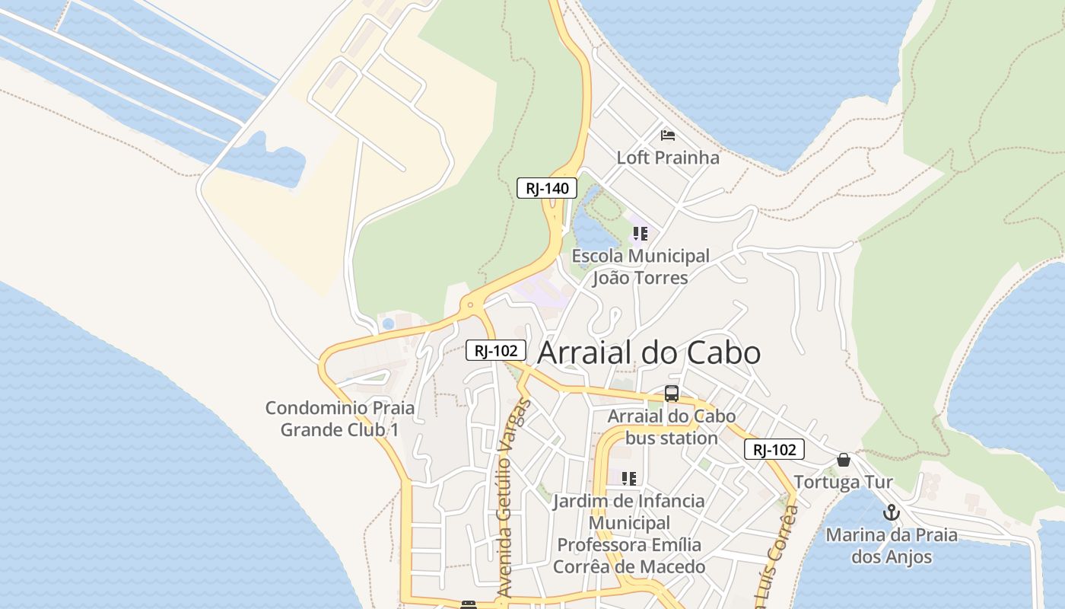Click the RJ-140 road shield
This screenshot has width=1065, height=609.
coord(547,188)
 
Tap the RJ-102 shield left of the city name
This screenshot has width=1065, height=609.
coord(496,350)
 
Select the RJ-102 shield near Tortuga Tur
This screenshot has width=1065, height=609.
coord(774,450)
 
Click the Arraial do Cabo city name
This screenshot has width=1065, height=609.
coord(649,353)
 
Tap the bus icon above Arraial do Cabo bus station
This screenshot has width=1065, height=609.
coord(671,394)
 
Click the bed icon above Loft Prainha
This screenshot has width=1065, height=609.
coord(668,136)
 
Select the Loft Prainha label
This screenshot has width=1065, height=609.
coord(668,158)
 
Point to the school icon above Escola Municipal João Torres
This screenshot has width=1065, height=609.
coord(640,234)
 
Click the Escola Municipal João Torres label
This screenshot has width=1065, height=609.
coord(640,266)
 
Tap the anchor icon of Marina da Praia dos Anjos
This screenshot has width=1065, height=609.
coord(891,512)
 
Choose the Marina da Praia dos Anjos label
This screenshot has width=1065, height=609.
coord(891,546)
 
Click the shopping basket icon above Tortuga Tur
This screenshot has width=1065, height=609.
coord(843,460)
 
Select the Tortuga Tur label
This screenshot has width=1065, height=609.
coord(843,482)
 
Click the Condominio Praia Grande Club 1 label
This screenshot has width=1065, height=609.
coord(340,419)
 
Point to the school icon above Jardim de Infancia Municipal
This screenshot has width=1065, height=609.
coord(628,479)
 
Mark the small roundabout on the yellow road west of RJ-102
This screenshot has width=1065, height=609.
coord(470,305)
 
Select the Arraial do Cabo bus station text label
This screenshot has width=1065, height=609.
coord(671,427)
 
